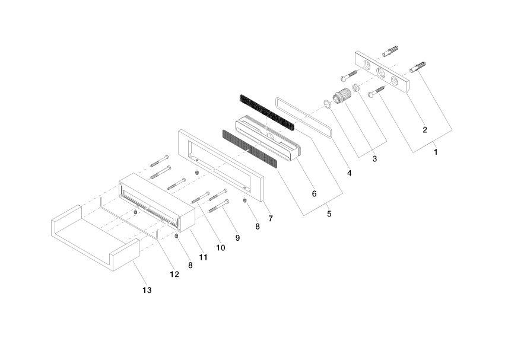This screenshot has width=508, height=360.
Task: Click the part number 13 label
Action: click(x=147, y=290)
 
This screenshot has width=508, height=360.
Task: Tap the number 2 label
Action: click(x=424, y=129)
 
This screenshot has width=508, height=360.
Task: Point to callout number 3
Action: click(x=374, y=159)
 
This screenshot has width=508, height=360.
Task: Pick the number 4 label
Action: click(x=350, y=174)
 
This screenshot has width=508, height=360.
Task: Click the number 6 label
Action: click(x=313, y=194)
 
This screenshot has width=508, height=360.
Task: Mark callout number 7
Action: click(x=270, y=218)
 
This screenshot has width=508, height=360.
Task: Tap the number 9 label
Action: click(x=237, y=238)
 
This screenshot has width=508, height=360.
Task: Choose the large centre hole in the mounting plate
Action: click(x=380, y=72)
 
